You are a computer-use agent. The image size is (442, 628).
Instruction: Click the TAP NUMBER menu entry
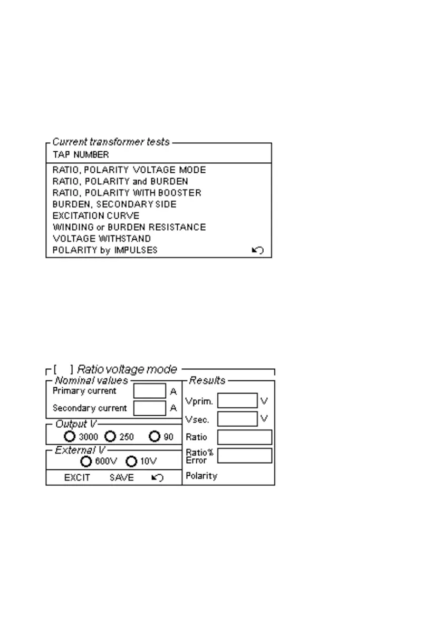[x=81, y=155]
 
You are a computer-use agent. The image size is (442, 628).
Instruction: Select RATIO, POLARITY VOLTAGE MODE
[x=129, y=170]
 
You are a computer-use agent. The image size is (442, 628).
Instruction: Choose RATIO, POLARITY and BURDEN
[x=120, y=182]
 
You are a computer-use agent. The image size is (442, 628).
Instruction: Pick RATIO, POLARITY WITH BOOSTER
[x=127, y=193]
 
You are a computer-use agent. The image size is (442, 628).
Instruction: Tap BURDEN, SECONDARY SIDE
[x=114, y=204]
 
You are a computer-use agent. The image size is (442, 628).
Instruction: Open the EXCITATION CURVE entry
[x=96, y=216]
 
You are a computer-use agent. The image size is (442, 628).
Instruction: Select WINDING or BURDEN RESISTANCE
[x=129, y=228]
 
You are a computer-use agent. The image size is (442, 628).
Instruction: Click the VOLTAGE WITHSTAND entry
[x=102, y=239]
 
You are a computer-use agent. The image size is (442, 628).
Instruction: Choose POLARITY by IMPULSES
[x=105, y=250]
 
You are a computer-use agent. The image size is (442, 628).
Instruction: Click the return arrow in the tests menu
[x=258, y=250]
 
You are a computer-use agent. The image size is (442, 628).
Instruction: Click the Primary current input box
[x=150, y=391]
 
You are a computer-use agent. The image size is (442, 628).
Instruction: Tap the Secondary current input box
[x=150, y=408]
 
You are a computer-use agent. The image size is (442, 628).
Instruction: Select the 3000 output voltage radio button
[x=70, y=437]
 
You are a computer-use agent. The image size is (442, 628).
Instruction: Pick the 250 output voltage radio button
[x=110, y=437]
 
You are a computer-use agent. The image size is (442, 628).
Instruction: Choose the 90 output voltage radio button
[x=155, y=437]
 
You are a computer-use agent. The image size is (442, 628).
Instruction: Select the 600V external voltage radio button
[x=87, y=462]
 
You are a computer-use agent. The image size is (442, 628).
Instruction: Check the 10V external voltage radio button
[x=132, y=462]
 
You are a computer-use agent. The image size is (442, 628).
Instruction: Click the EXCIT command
[x=77, y=478]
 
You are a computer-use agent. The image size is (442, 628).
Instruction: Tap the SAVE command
[x=122, y=478]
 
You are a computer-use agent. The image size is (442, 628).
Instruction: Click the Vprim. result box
[x=237, y=401]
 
